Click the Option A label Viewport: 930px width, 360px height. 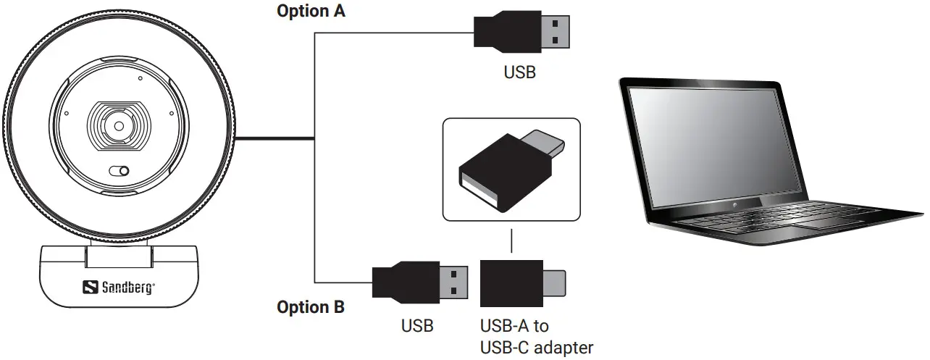pos(311,12)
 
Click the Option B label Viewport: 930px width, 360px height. pos(311,307)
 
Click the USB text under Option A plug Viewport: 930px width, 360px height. pos(519,72)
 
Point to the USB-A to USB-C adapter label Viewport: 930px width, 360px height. pos(537,337)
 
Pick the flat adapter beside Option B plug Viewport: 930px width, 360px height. pos(523,283)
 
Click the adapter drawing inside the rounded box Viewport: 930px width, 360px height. pos(510,169)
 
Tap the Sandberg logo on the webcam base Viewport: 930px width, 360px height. pos(120,287)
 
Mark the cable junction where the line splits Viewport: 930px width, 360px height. pos(314,137)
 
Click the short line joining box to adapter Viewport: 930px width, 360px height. pos(511,241)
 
